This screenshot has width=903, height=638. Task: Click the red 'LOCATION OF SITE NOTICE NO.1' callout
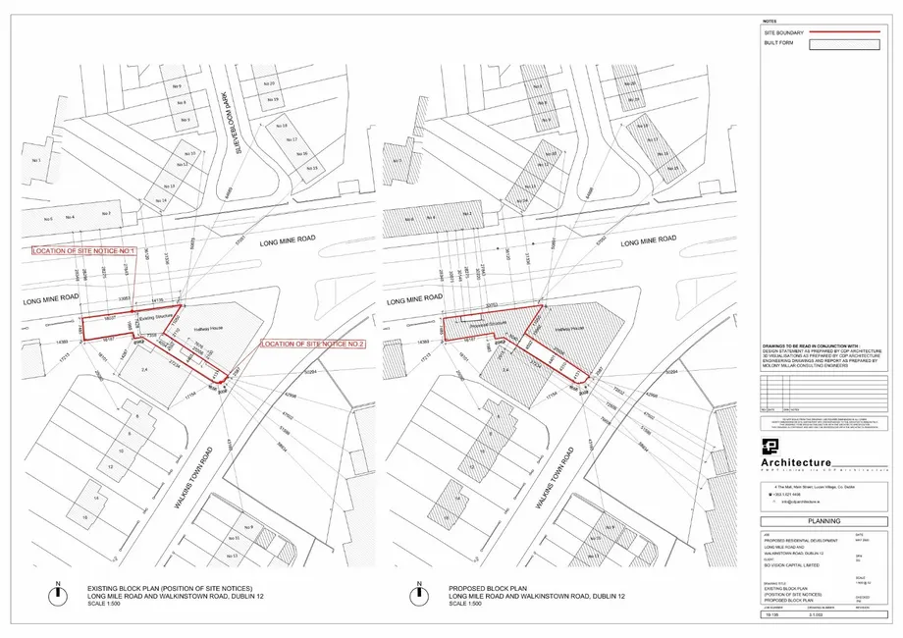tap(82, 251)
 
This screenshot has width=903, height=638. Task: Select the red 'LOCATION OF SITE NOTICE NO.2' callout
tap(312, 345)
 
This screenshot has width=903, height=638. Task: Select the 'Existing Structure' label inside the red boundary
tap(155, 318)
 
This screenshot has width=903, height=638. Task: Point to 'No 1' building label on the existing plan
tap(38, 160)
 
